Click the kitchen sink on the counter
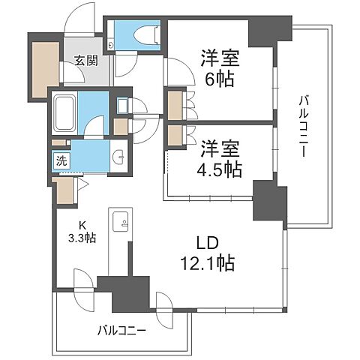tap(120, 222)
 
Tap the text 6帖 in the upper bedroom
tap(214, 77)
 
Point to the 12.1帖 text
tap(208, 264)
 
